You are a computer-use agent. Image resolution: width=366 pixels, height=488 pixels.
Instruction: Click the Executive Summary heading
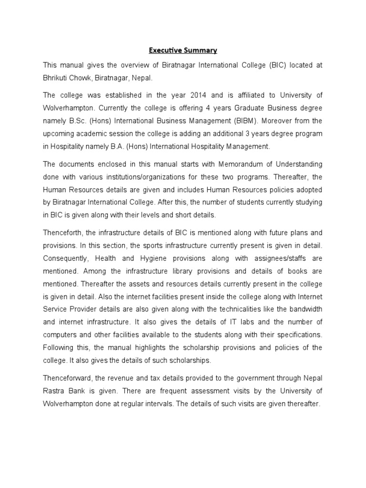pyautogui.click(x=183, y=50)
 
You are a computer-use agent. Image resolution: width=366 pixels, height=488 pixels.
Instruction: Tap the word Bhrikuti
pyautogui.click(x=57, y=78)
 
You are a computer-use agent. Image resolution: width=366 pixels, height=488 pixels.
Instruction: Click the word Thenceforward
pyautogui.click(x=69, y=379)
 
